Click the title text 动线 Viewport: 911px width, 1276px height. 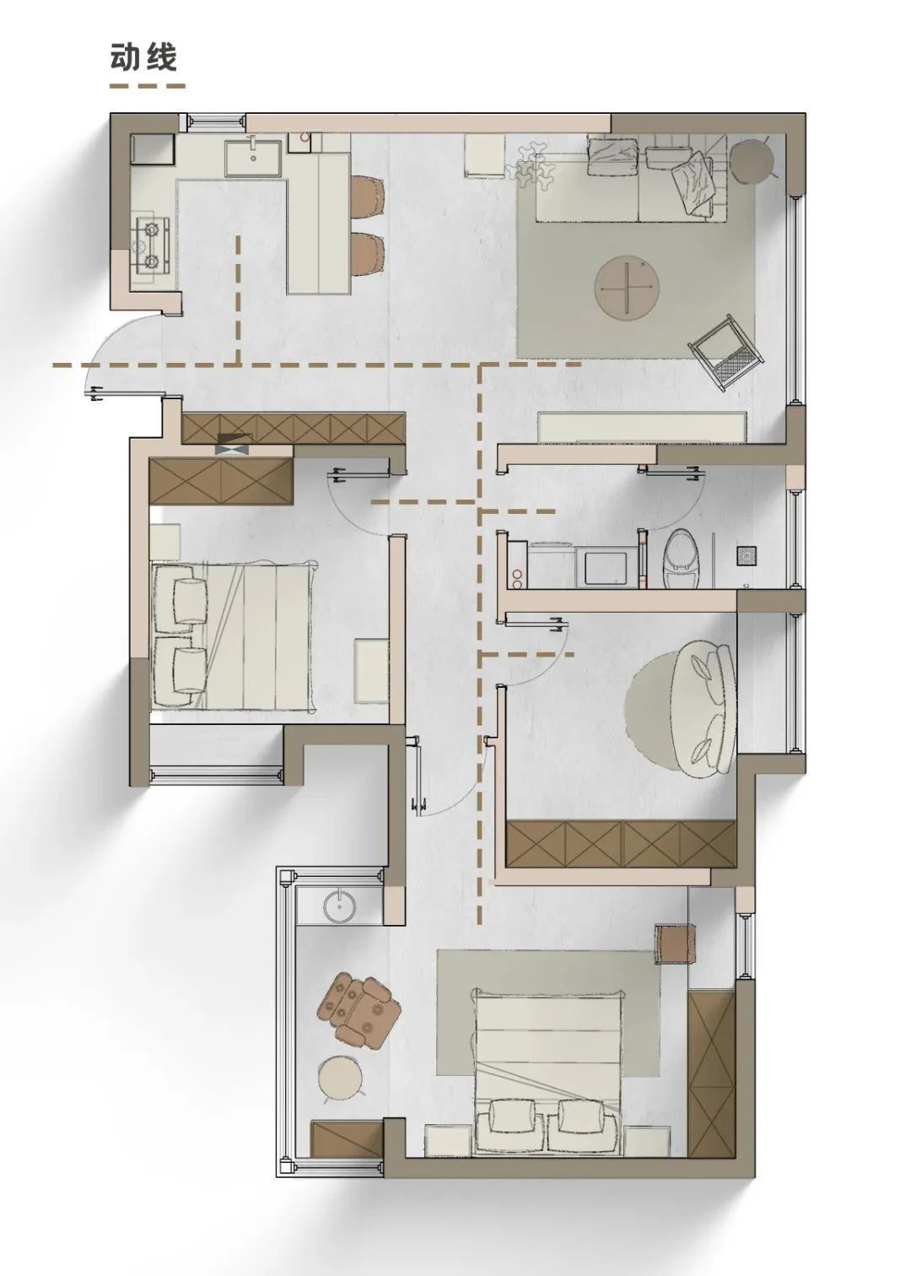[143, 57]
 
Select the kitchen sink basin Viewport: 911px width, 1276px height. [252, 158]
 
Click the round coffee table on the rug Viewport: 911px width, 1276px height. [626, 286]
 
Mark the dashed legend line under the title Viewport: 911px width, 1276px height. [148, 87]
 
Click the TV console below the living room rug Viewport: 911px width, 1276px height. [642, 427]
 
